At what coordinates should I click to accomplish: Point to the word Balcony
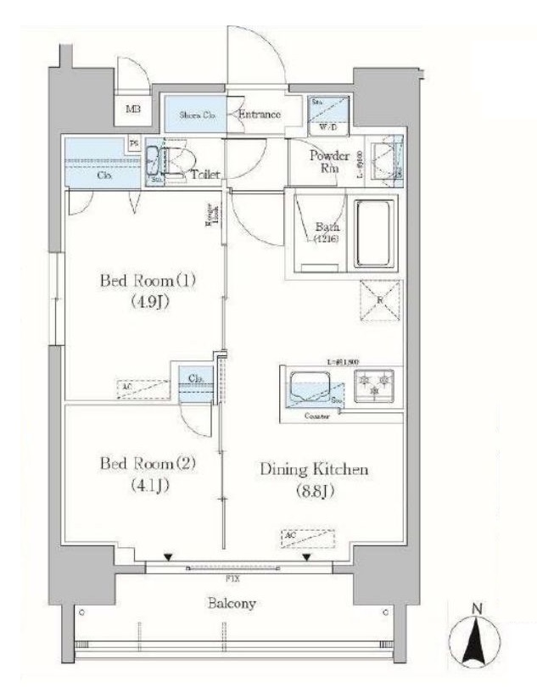230,604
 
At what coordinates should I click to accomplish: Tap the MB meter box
134,109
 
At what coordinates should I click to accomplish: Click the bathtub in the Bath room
373,233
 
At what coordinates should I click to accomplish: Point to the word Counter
318,416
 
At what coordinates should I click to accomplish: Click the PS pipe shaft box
134,144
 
